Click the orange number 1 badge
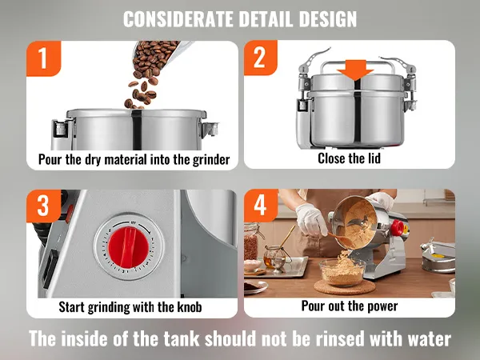(x=43, y=58)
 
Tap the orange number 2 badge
(x=261, y=58)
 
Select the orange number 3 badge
(x=43, y=206)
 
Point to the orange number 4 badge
(x=261, y=206)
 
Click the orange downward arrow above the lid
(x=355, y=70)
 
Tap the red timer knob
(x=129, y=247)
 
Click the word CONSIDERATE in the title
(x=178, y=19)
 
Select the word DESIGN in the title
(x=328, y=19)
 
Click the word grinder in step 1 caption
(x=211, y=160)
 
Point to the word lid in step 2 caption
(x=373, y=158)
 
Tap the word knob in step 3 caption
(x=189, y=306)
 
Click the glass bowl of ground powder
(x=342, y=272)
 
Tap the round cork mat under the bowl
(x=345, y=287)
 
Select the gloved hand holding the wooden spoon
(x=310, y=219)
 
